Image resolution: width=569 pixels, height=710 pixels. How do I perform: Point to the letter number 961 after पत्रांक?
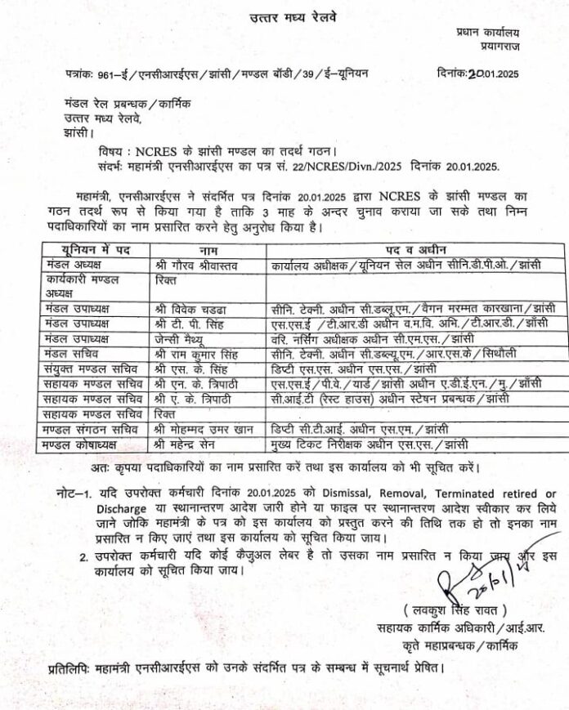point(104,74)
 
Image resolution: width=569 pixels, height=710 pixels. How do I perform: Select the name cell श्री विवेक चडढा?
point(190,309)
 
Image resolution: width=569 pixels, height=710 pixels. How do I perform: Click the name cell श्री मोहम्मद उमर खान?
point(206,429)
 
